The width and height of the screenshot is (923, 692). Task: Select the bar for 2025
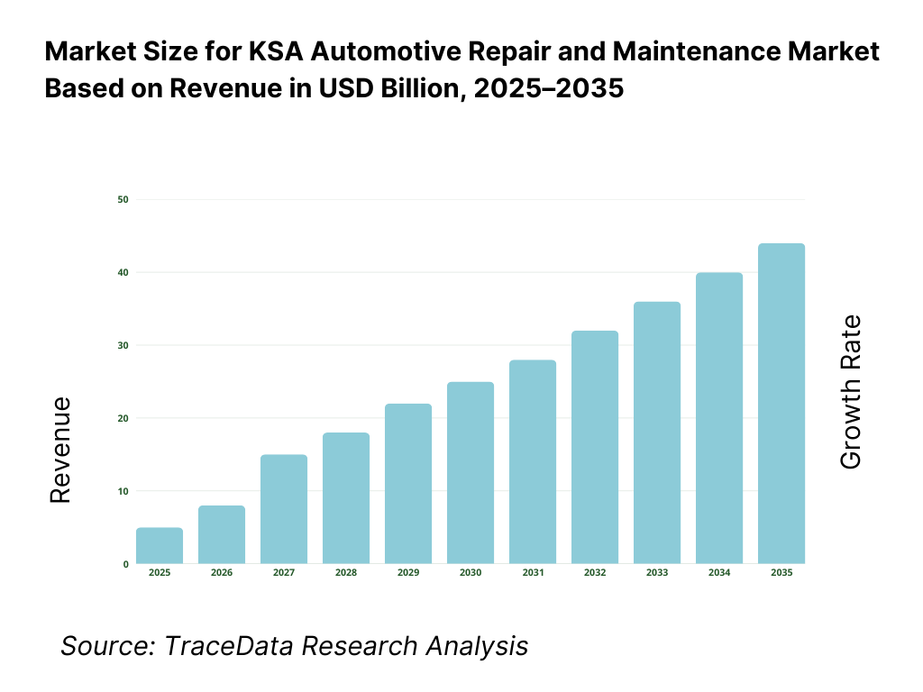coord(160,546)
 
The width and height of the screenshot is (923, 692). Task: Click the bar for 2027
coord(284,509)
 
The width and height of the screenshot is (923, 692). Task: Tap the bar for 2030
coord(471,473)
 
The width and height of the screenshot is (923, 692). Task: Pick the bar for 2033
coord(657,432)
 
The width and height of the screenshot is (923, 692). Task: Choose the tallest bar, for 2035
coord(781,404)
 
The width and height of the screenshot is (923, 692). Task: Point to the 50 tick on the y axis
coord(123,199)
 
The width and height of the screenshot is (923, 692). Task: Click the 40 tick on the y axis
coord(123,272)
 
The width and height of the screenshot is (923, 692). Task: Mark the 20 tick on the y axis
coord(123,418)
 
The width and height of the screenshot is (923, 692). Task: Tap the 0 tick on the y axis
coord(125,564)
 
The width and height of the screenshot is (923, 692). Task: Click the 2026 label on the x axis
coord(222,573)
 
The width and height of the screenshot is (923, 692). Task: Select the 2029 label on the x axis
coord(408,573)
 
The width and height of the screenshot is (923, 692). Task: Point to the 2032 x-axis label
coord(595,573)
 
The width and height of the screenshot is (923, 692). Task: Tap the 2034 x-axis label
coord(719,573)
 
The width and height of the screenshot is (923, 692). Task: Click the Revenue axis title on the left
coord(59,449)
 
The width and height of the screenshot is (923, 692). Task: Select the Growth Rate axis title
coord(850,392)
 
